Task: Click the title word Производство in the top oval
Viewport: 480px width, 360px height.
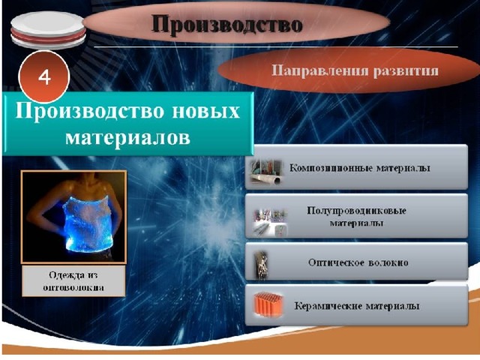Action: [x=226, y=25]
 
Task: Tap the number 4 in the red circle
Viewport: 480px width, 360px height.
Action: [x=44, y=77]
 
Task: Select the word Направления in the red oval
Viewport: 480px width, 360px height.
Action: [x=320, y=71]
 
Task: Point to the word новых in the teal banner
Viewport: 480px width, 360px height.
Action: [x=205, y=110]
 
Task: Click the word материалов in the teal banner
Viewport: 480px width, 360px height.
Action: [x=127, y=137]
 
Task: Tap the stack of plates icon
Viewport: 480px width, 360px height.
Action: [x=48, y=30]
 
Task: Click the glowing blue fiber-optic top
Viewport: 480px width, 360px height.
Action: [x=87, y=225]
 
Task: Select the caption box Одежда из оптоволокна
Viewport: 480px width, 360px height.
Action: [x=73, y=281]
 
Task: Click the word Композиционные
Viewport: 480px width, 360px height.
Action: [x=331, y=168]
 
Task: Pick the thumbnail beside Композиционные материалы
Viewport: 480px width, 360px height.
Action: [x=265, y=172]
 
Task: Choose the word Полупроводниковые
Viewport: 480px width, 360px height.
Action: [x=357, y=211]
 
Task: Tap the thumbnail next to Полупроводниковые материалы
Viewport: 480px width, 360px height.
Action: [x=270, y=223]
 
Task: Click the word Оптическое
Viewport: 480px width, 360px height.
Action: [x=337, y=262]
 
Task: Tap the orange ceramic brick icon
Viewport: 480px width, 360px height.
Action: [x=268, y=304]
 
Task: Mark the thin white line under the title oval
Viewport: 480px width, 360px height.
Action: [x=276, y=47]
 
